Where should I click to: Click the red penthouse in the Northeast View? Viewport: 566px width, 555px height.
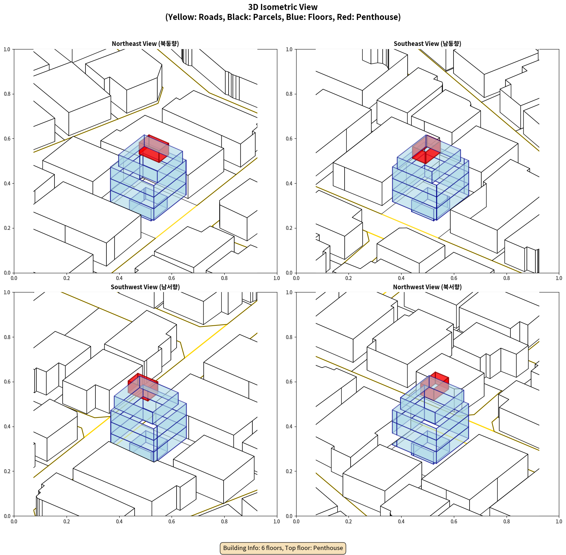154,149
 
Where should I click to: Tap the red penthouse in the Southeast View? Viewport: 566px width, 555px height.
426,149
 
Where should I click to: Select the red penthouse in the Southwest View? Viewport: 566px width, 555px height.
143,387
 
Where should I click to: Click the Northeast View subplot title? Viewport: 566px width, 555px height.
145,44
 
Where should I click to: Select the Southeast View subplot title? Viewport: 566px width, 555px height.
427,44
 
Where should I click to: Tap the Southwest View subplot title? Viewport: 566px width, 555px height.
145,287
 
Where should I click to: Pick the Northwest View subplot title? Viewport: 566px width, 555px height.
427,287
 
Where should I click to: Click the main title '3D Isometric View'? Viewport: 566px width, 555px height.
283,7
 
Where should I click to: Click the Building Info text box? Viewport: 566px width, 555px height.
283,548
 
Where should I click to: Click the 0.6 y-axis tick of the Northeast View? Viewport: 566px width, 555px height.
7,139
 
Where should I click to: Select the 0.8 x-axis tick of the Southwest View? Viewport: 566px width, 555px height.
224,522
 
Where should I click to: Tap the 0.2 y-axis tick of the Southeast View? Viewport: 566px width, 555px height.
289,228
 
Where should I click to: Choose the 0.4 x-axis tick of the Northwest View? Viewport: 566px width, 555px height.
401,522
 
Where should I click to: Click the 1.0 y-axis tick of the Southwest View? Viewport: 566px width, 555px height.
7,292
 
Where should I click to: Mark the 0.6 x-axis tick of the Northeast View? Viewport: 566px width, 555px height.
172,278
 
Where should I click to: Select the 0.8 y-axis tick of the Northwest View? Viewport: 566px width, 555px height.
289,337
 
